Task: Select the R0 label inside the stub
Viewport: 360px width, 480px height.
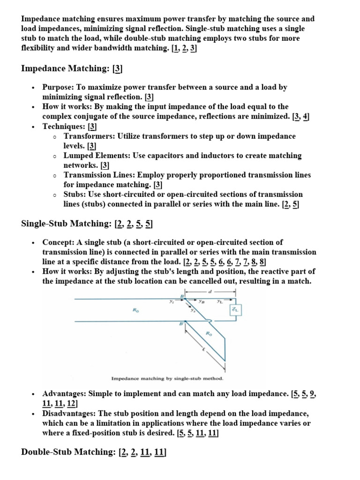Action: (x=208, y=333)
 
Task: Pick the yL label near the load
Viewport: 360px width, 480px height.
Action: (x=220, y=302)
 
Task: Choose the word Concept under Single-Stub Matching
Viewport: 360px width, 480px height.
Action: (x=57, y=242)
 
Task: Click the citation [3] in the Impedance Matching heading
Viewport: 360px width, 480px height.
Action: (x=117, y=69)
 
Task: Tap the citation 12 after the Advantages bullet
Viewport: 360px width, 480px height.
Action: (x=72, y=404)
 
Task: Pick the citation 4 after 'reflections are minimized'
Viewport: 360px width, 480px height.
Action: (x=306, y=117)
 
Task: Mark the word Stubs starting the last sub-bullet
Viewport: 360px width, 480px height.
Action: (x=74, y=195)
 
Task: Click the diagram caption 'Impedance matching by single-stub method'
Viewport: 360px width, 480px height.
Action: (x=167, y=378)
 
